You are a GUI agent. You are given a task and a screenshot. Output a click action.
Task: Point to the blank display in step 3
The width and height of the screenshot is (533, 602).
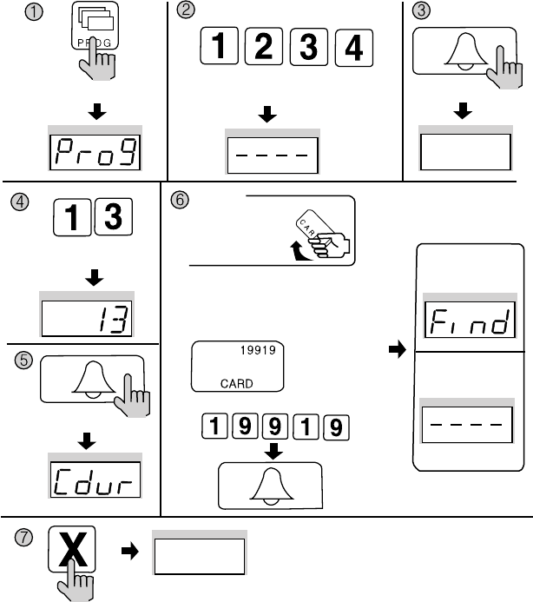464,153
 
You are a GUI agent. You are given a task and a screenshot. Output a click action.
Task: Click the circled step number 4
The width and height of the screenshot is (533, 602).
18,202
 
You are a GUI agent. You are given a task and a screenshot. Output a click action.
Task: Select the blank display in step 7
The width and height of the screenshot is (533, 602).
200,556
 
